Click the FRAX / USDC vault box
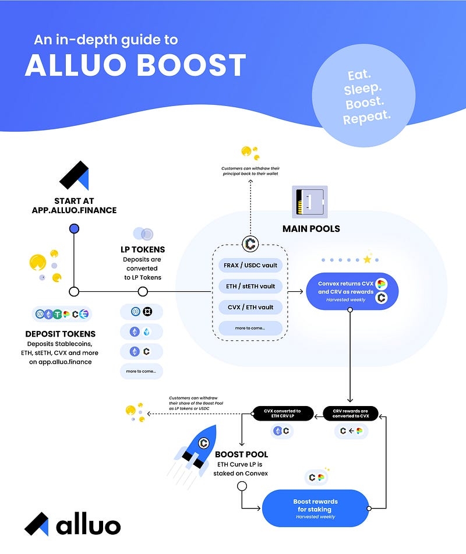click(251, 265)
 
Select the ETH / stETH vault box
click(251, 286)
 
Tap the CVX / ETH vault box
click(251, 307)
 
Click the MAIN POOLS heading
click(310, 228)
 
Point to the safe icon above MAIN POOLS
click(309, 202)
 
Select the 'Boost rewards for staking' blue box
click(315, 509)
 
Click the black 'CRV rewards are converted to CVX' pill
click(350, 414)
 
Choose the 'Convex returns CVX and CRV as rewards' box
click(352, 291)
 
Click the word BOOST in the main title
click(192, 66)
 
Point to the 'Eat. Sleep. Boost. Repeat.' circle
click(366, 97)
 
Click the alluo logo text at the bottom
click(88, 525)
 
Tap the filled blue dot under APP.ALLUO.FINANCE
click(74, 228)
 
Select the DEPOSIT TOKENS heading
click(61, 334)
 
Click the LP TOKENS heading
click(142, 249)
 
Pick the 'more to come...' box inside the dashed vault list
click(251, 328)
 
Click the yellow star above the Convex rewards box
click(367, 259)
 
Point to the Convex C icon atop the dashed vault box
click(250, 244)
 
